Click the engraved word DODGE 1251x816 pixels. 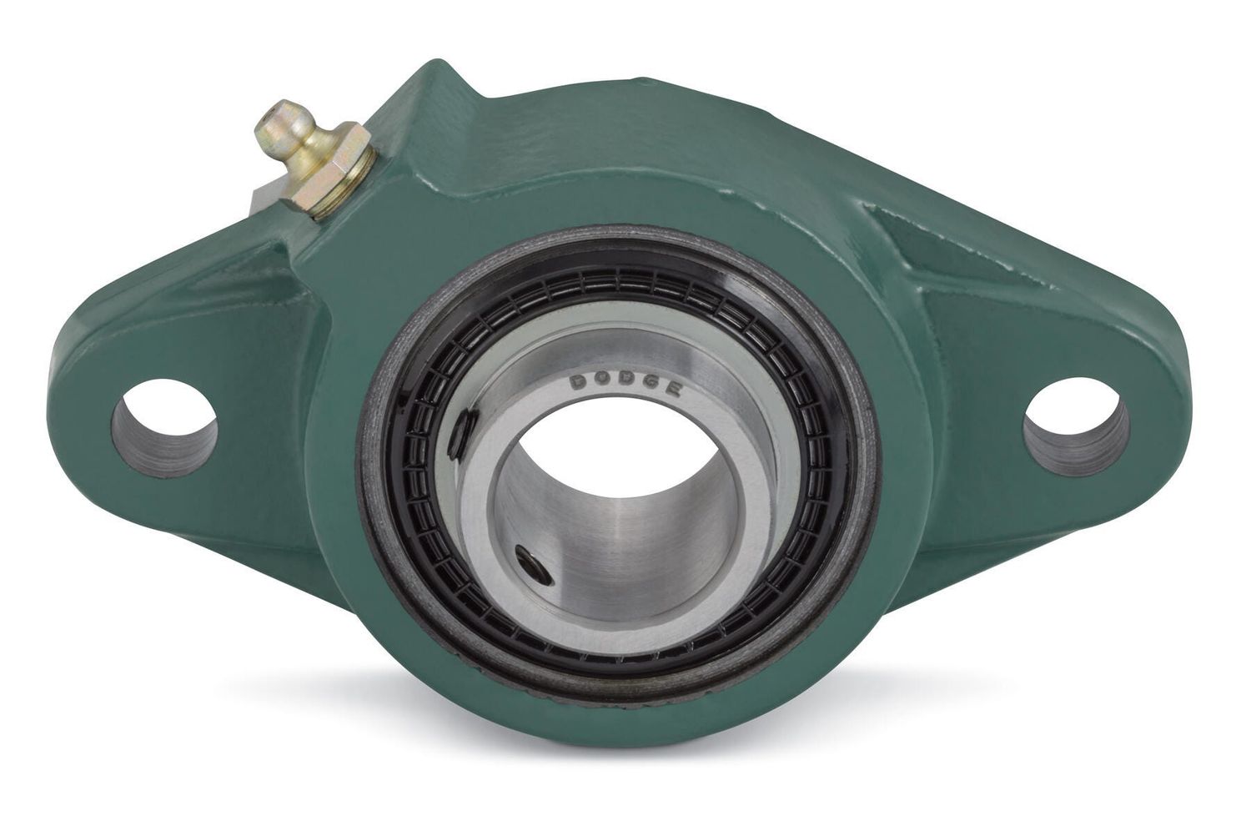click(625, 385)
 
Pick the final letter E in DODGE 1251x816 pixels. click(672, 390)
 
